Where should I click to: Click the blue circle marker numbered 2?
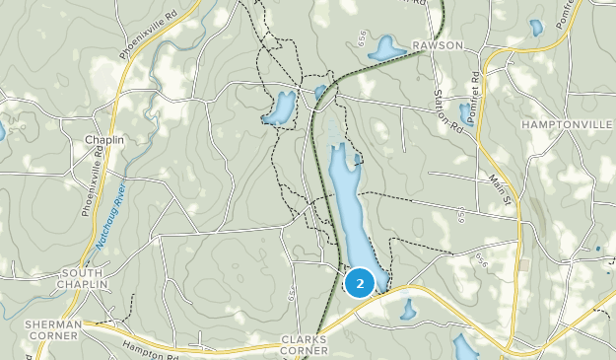click(x=360, y=283)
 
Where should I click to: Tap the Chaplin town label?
click(x=103, y=141)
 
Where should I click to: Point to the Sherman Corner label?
click(x=52, y=330)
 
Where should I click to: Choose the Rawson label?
click(x=438, y=45)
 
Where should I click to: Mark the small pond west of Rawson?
click(x=385, y=47)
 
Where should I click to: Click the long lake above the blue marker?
click(x=350, y=212)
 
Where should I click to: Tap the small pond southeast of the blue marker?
click(x=407, y=311)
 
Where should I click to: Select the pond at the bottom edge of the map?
click(x=464, y=347)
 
